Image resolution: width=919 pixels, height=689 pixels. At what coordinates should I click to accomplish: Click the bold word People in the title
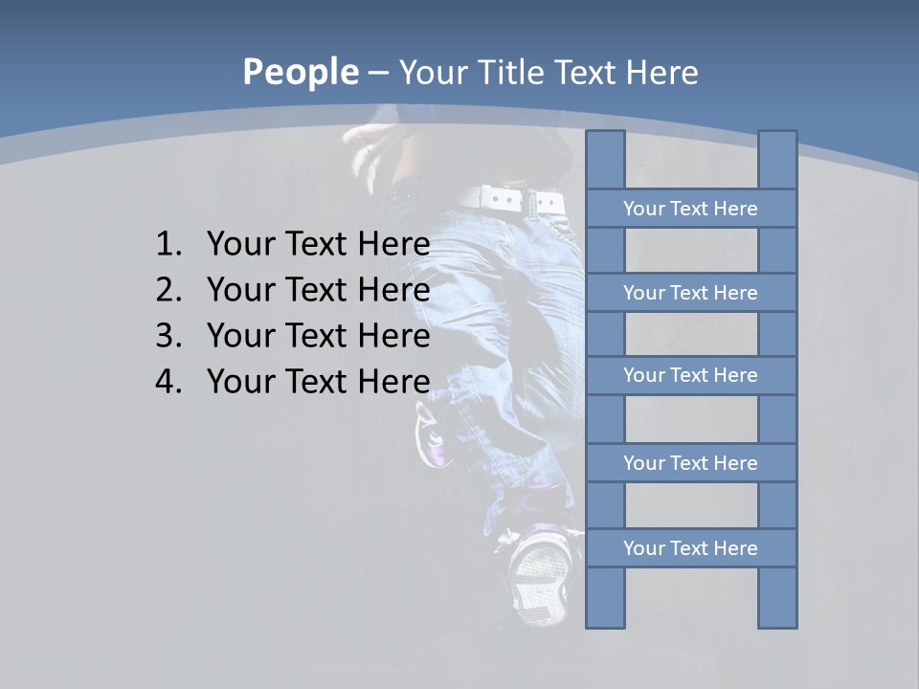click(300, 72)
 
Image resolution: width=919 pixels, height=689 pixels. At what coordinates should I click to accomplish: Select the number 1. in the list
click(168, 245)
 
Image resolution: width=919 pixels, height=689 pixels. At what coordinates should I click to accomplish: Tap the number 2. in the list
click(168, 290)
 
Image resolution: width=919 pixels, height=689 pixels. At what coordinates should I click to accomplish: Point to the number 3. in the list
click(168, 336)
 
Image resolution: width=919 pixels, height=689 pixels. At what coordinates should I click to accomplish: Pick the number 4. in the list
click(168, 382)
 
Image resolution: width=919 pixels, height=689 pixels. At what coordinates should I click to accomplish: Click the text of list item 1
click(318, 245)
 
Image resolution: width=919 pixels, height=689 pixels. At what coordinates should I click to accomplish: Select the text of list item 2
click(318, 290)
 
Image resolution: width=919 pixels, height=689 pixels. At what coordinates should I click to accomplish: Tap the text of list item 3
click(318, 336)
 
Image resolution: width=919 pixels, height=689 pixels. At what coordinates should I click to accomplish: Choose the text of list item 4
click(318, 382)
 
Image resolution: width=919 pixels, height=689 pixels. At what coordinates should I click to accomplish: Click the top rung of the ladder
click(690, 209)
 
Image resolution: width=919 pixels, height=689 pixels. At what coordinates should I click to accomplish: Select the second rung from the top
click(690, 293)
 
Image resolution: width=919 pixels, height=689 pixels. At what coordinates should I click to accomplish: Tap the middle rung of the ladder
click(690, 376)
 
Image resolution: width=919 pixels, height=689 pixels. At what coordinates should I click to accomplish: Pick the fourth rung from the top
click(690, 463)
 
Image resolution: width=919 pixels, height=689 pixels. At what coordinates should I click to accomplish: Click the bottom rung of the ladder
click(690, 548)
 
